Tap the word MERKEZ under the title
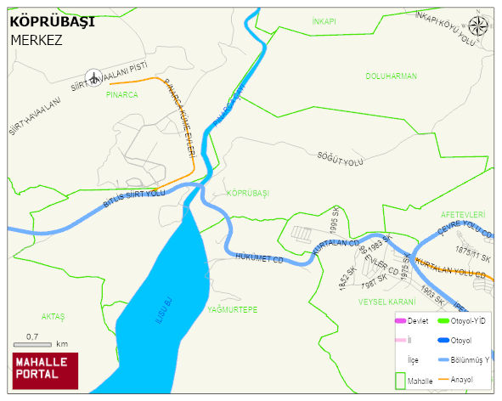[x=37, y=40]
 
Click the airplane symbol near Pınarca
[x=93, y=77]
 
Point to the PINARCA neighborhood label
[x=121, y=95]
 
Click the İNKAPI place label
[x=324, y=20]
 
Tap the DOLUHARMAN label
[x=391, y=76]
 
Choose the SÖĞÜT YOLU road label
[x=340, y=160]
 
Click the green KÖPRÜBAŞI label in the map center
[x=248, y=194]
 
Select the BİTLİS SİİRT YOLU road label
[x=133, y=200]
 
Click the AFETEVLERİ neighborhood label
[x=463, y=215]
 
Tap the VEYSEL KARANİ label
[x=387, y=302]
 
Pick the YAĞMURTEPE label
[x=232, y=310]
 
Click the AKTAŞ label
[x=53, y=316]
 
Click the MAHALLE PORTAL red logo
[x=45, y=370]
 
